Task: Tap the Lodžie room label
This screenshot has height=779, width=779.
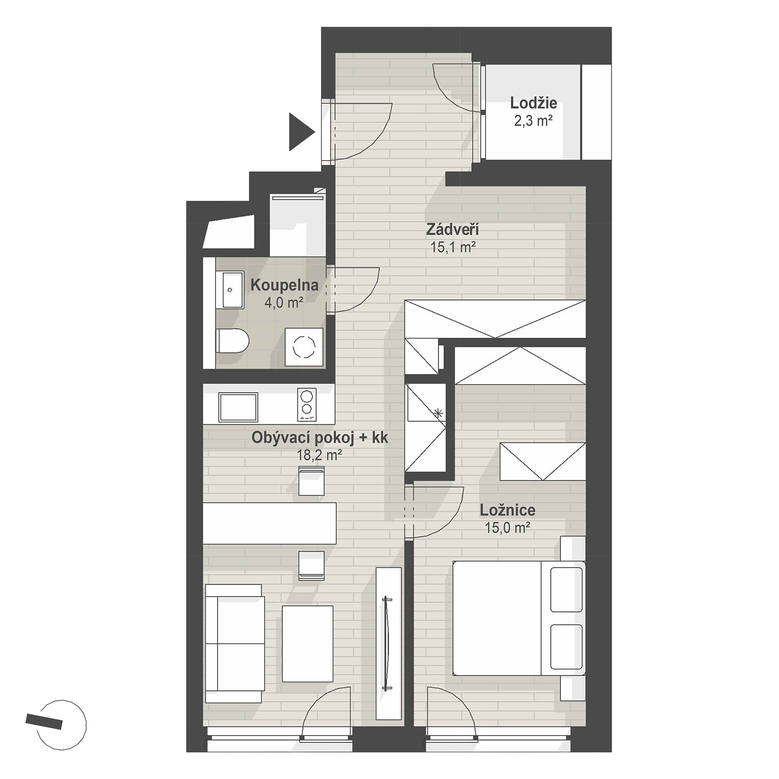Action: click(x=533, y=103)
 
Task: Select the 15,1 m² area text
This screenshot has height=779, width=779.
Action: click(x=452, y=247)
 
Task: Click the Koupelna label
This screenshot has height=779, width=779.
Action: click(x=284, y=285)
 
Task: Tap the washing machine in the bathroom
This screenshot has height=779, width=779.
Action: click(x=304, y=347)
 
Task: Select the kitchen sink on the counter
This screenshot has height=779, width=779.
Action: click(x=238, y=407)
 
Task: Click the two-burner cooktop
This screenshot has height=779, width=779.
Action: click(x=307, y=404)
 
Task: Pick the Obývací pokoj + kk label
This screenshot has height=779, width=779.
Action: click(x=320, y=438)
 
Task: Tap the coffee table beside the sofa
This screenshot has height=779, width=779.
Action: click(x=307, y=643)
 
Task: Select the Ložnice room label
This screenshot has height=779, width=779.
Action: click(x=508, y=510)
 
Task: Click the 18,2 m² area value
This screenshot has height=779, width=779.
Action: click(x=320, y=455)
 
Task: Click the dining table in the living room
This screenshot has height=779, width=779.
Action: click(x=270, y=523)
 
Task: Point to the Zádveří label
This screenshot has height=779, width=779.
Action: click(x=452, y=230)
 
